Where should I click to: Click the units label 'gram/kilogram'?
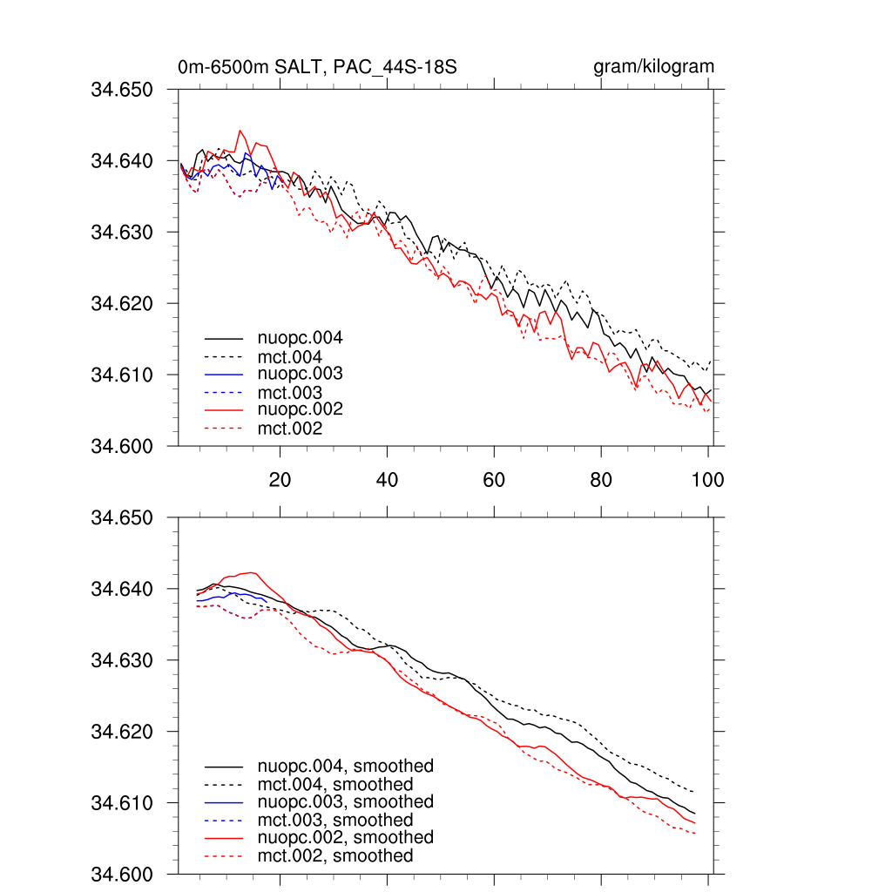[653, 67]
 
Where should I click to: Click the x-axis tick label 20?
[280, 479]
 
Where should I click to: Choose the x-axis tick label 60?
[494, 479]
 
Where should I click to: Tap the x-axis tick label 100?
[707, 479]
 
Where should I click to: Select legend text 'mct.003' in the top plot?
[289, 393]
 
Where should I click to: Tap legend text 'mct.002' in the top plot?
[289, 429]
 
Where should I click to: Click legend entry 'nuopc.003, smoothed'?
[345, 801]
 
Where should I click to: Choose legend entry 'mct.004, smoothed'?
[334, 785]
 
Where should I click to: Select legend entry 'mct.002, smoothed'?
[334, 856]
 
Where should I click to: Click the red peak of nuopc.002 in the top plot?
[240, 131]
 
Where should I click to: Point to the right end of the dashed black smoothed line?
[694, 792]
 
